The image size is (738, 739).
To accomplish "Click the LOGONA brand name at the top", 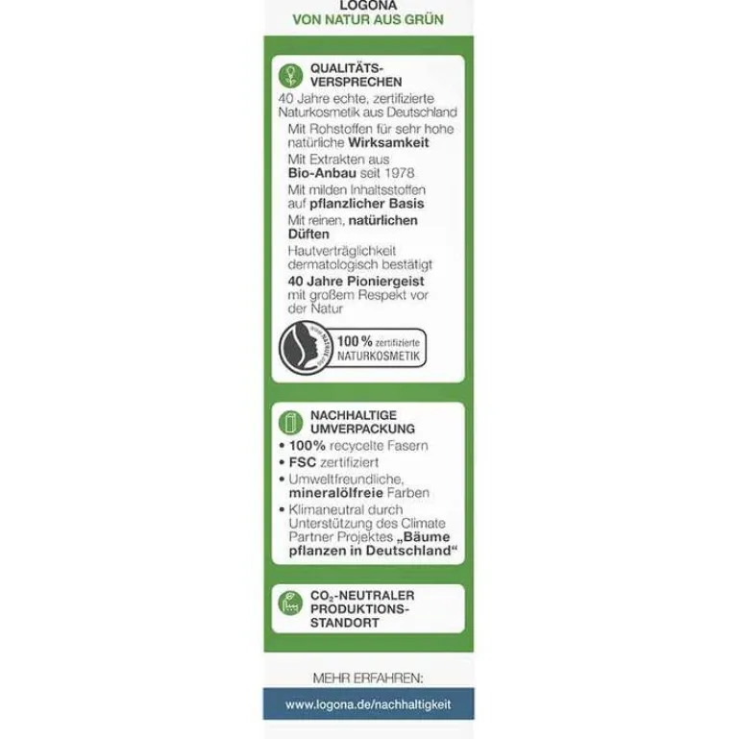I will click(367, 5).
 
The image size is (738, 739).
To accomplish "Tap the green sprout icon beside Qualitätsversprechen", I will click(288, 76).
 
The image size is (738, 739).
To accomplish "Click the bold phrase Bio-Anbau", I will click(323, 173).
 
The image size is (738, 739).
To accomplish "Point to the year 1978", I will click(412, 173).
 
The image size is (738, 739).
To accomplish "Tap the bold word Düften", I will click(307, 234).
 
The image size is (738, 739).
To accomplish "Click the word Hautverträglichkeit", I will click(341, 250).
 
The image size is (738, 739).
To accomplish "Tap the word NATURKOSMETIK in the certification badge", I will click(379, 356).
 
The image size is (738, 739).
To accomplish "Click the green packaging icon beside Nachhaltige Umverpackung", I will click(288, 422).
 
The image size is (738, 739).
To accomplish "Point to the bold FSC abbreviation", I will click(304, 461).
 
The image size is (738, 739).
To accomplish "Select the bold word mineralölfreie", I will click(332, 493).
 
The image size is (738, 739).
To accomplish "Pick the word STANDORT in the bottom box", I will click(344, 622).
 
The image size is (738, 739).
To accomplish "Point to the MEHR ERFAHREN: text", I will click(368, 677).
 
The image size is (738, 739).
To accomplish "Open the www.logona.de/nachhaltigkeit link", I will click(368, 704).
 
